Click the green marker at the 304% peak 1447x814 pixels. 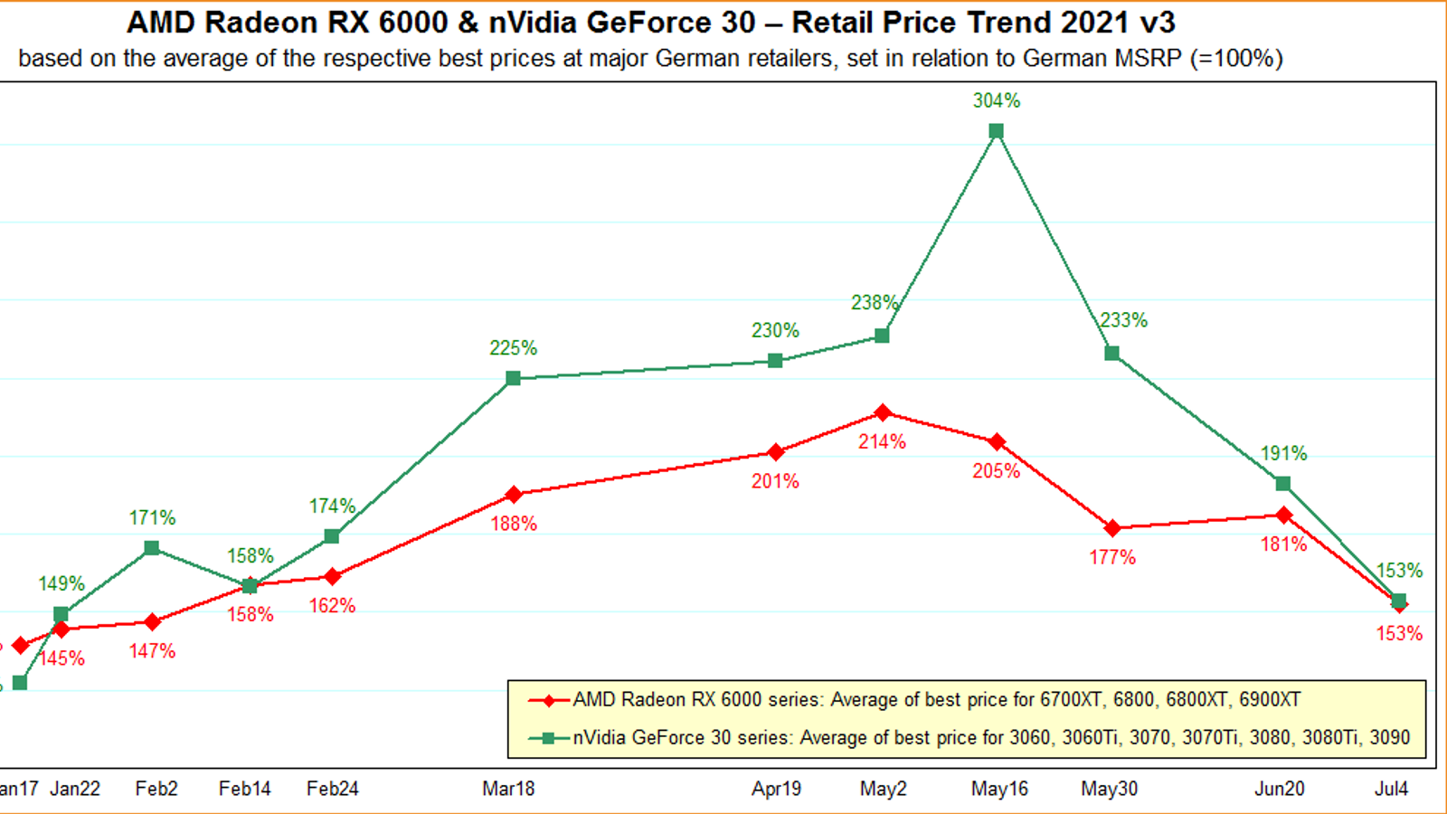pyautogui.click(x=996, y=131)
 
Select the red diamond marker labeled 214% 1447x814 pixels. pyautogui.click(x=883, y=413)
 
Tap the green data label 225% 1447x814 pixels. pyautogui.click(x=513, y=348)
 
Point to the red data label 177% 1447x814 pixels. pyautogui.click(x=1111, y=557)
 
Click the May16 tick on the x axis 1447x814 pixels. pyautogui.click(x=999, y=789)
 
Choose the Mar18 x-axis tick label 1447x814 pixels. pyautogui.click(x=508, y=789)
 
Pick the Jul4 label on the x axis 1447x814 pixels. pyautogui.click(x=1391, y=789)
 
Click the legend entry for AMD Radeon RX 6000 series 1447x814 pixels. pyautogui.click(x=936, y=700)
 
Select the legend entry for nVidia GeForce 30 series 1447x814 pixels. pyautogui.click(x=990, y=738)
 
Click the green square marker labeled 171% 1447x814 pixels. pyautogui.click(x=152, y=548)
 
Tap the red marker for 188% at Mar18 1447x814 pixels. pyautogui.click(x=514, y=495)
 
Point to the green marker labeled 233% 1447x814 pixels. pyautogui.click(x=1112, y=353)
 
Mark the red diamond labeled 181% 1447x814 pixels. pyautogui.click(x=1283, y=516)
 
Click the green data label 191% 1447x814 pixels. pyautogui.click(x=1283, y=453)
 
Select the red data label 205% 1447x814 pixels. pyautogui.click(x=996, y=470)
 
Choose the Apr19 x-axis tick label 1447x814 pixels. pyautogui.click(x=776, y=789)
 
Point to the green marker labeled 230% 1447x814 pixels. pyautogui.click(x=775, y=361)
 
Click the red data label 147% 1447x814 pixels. pyautogui.click(x=152, y=651)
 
